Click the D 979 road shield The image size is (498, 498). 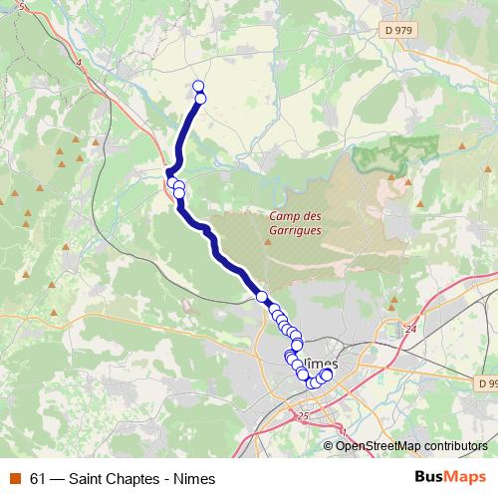(x=397, y=31)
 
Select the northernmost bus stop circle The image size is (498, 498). (x=198, y=86)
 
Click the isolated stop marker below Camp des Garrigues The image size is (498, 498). (x=263, y=297)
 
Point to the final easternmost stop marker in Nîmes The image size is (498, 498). (x=326, y=374)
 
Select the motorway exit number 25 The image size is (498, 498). (x=303, y=414)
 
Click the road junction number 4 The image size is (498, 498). (x=78, y=62)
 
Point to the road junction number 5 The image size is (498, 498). (x=22, y=7)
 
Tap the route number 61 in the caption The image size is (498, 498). (x=38, y=479)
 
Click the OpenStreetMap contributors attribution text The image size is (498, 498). (x=412, y=445)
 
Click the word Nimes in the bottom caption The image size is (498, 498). (x=193, y=479)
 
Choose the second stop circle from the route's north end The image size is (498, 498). (x=200, y=98)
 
